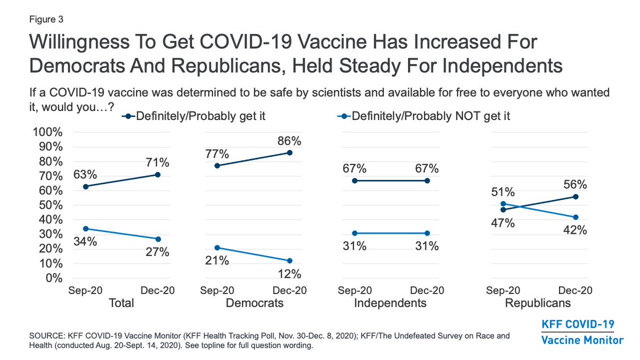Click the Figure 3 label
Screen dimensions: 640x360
click(x=46, y=19)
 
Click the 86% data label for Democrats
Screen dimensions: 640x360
click(x=289, y=141)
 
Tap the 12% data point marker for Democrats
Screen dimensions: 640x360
click(x=290, y=261)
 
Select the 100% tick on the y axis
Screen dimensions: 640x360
click(x=47, y=132)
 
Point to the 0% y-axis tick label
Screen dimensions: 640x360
click(x=54, y=278)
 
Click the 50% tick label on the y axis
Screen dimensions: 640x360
click(x=51, y=205)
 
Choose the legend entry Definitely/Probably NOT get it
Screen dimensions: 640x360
click(x=423, y=116)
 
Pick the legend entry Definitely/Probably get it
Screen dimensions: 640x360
click(x=194, y=116)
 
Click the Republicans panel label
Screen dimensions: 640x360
click(x=538, y=303)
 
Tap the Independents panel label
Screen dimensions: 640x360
click(x=390, y=303)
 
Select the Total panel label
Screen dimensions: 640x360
click(x=122, y=303)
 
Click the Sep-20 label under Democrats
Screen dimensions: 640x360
click(x=217, y=291)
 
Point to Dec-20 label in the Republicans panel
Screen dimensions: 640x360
click(x=575, y=291)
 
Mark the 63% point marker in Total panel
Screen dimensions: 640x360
click(x=85, y=187)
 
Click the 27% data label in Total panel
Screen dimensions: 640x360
click(x=157, y=252)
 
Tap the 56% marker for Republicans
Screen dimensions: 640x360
click(x=575, y=197)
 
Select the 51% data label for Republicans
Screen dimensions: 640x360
click(x=503, y=192)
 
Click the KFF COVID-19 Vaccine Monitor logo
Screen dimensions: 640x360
click(x=582, y=332)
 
